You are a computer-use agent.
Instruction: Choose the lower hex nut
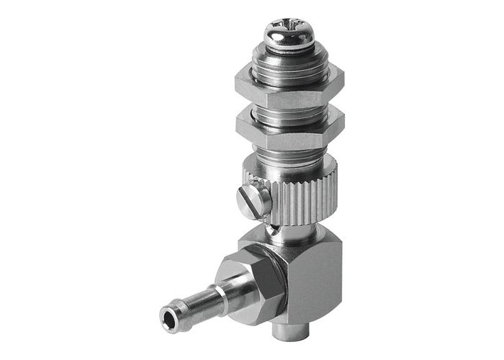pos(287,130)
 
